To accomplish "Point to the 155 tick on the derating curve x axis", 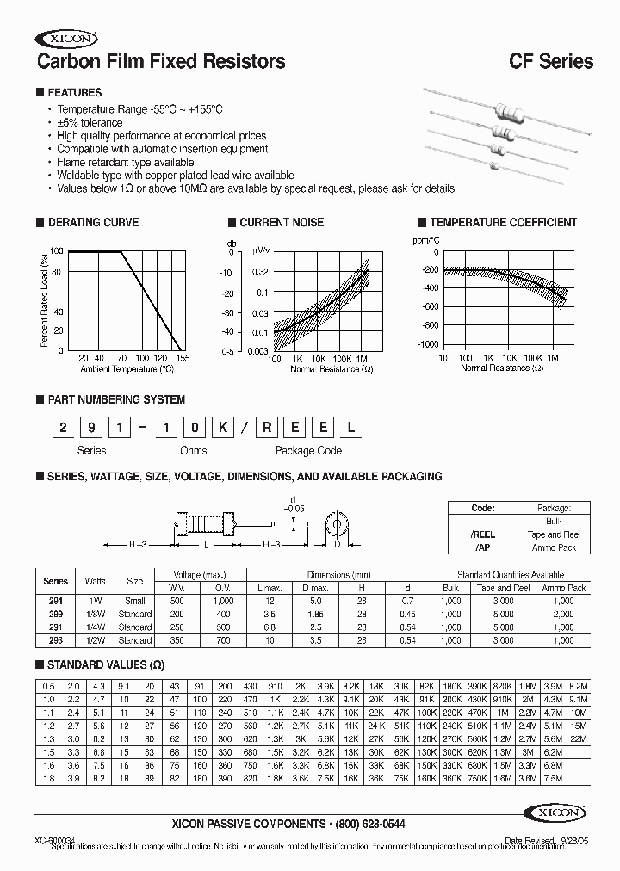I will coord(183,358).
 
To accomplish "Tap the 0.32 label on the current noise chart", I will coord(261,272).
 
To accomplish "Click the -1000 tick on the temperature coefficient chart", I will coord(427,343).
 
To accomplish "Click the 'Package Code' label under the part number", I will coord(307,450).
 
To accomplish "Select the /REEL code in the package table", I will coord(483,534).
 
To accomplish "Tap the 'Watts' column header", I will coord(96,581).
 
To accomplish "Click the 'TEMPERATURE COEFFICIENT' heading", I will coord(503,222).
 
